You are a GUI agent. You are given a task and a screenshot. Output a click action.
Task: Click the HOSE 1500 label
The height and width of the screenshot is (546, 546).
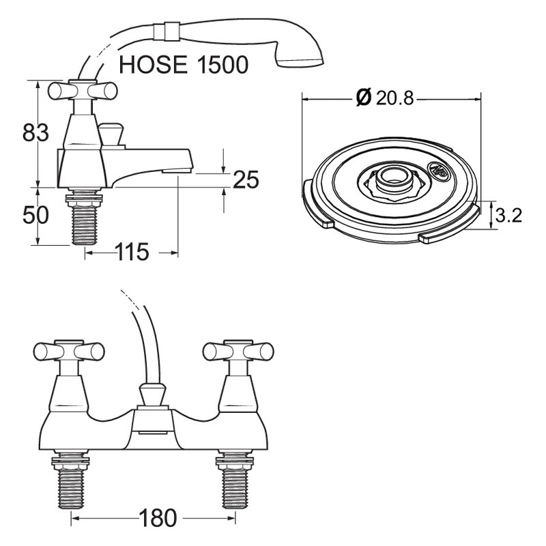click(x=183, y=65)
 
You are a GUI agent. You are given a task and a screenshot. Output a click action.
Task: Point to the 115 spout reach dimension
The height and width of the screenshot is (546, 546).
click(x=132, y=252)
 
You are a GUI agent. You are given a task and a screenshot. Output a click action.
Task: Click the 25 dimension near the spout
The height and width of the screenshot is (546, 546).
click(x=246, y=179)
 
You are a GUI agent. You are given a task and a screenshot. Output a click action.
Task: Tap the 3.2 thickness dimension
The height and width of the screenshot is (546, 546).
click(x=508, y=216)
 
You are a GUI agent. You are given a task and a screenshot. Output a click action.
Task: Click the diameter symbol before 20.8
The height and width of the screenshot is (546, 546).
click(x=363, y=98)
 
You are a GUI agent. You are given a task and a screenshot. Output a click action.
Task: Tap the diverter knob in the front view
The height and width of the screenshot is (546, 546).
click(x=152, y=394)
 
